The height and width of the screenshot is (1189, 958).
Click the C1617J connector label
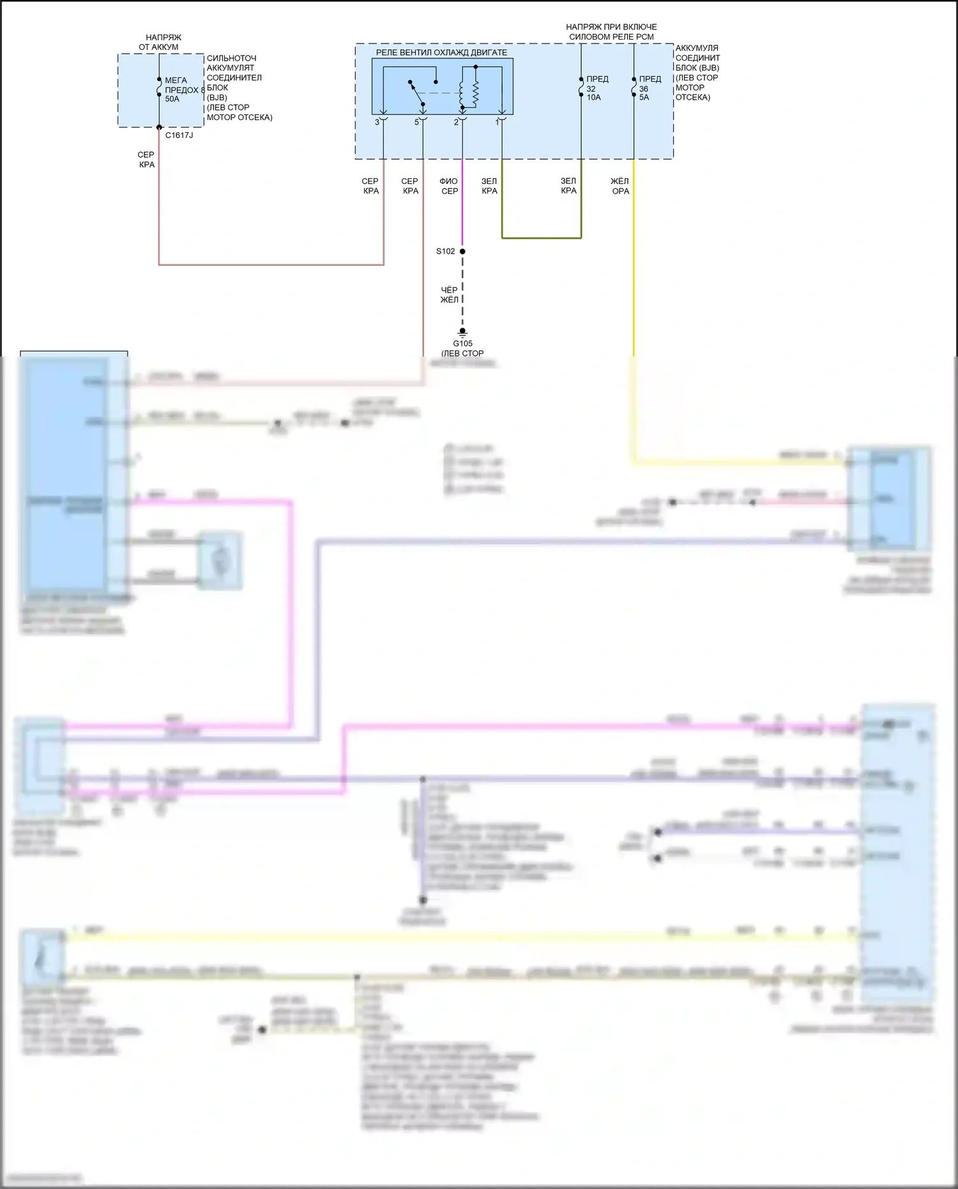(179, 135)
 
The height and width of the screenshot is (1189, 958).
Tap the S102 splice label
(446, 251)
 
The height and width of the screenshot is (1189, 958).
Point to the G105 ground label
(462, 344)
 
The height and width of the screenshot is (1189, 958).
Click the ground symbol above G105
(462, 332)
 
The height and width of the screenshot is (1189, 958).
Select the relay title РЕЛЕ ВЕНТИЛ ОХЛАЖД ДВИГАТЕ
(441, 52)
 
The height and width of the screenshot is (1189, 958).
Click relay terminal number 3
(377, 122)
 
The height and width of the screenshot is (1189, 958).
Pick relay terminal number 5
(416, 122)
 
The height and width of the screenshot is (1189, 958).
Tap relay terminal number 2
(456, 122)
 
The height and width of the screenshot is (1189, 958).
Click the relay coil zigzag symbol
(475, 93)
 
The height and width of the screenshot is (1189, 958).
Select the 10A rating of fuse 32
(594, 98)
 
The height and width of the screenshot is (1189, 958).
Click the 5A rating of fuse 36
(644, 98)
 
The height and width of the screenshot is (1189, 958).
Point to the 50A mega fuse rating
(172, 99)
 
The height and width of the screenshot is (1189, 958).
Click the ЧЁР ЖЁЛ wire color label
(450, 295)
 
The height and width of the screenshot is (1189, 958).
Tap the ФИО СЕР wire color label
(449, 186)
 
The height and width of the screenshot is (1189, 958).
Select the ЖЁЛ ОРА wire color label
(620, 186)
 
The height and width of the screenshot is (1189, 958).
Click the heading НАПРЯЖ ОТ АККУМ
(160, 42)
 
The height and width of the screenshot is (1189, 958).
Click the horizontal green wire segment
(542, 238)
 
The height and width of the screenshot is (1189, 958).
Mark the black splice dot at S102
(462, 251)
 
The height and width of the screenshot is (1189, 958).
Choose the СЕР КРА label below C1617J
(146, 160)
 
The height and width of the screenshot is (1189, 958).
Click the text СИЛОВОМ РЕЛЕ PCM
(611, 37)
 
